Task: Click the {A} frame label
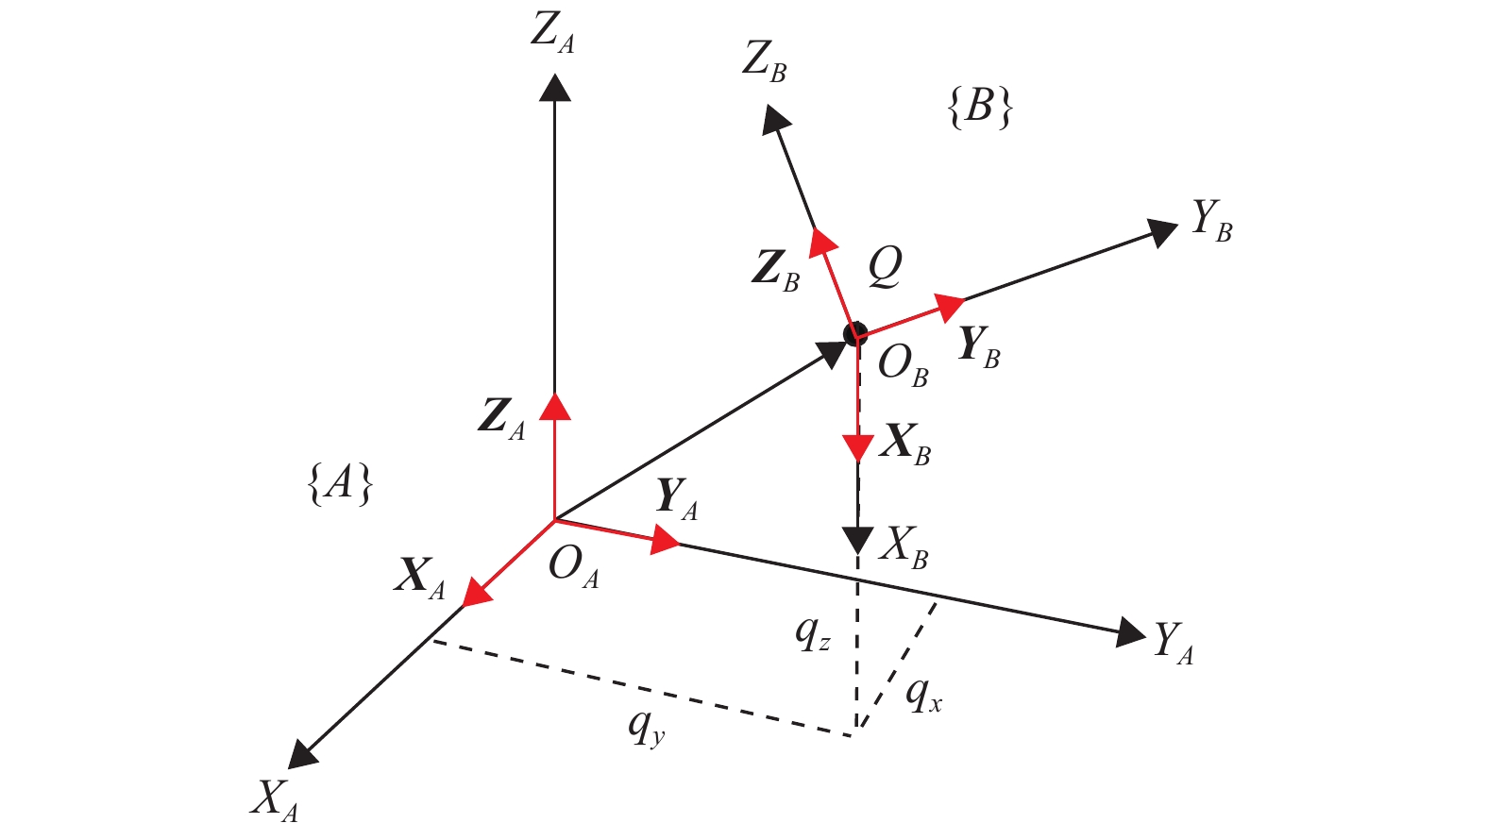pos(341,485)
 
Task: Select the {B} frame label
pos(979,108)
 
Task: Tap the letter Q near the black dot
pos(885,267)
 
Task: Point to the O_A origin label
pos(574,567)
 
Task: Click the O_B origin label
pos(903,365)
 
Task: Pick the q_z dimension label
pos(812,633)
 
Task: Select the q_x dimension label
pos(923,697)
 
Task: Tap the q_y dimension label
pos(647,727)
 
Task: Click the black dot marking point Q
pos(855,333)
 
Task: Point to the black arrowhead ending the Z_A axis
pos(554,87)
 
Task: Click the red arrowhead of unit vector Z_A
pos(554,405)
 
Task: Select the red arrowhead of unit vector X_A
pos(479,592)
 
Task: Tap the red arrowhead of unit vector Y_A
pos(666,541)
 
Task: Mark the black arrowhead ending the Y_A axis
pos(1130,631)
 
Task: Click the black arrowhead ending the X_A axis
pos(302,753)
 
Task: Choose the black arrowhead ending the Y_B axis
pos(1162,231)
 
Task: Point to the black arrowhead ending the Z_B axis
pos(776,118)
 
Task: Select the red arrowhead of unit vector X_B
pos(857,447)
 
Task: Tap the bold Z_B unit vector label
pos(776,270)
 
